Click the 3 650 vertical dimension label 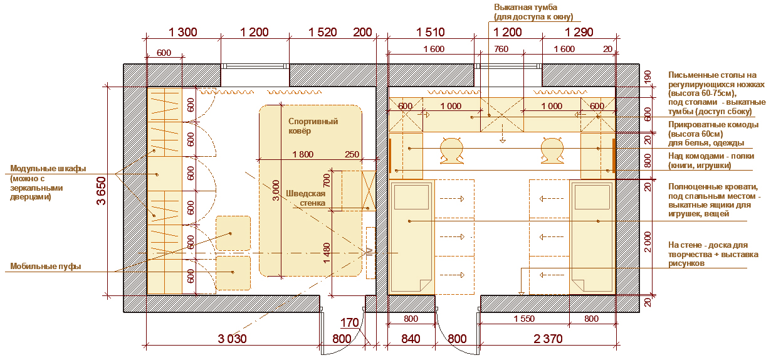(x=101, y=191)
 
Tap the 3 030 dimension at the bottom (x=233, y=339)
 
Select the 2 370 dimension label (x=548, y=339)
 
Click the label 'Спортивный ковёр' (x=313, y=126)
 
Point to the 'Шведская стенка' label (x=306, y=198)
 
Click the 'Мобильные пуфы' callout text (x=45, y=267)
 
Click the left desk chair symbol (x=451, y=150)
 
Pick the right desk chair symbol (x=552, y=150)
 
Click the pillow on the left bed (x=411, y=197)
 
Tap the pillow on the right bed (x=592, y=197)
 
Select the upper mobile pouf (x=233, y=233)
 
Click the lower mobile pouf (x=233, y=273)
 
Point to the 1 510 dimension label (x=430, y=32)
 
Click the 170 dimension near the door (x=349, y=323)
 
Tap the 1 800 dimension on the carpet (x=303, y=154)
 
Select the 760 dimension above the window (x=501, y=49)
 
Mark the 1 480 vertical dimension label (x=327, y=253)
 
